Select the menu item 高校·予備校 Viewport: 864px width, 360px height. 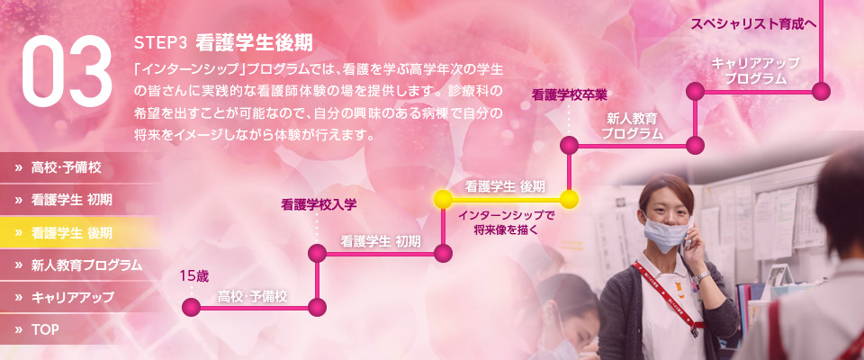coord(66,168)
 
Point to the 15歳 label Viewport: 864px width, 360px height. coord(194,276)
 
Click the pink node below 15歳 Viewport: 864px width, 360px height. coord(191,308)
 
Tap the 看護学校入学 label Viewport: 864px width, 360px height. coord(319,205)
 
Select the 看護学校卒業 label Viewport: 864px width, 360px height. coord(569,95)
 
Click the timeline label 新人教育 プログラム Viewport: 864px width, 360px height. coord(632,126)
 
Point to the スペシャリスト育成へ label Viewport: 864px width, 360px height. coord(753,24)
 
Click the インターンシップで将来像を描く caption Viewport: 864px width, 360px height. coord(506,222)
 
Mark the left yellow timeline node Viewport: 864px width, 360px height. coord(443,199)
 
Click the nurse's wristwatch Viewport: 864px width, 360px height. coord(701,277)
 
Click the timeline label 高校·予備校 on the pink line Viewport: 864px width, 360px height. coord(252,297)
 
